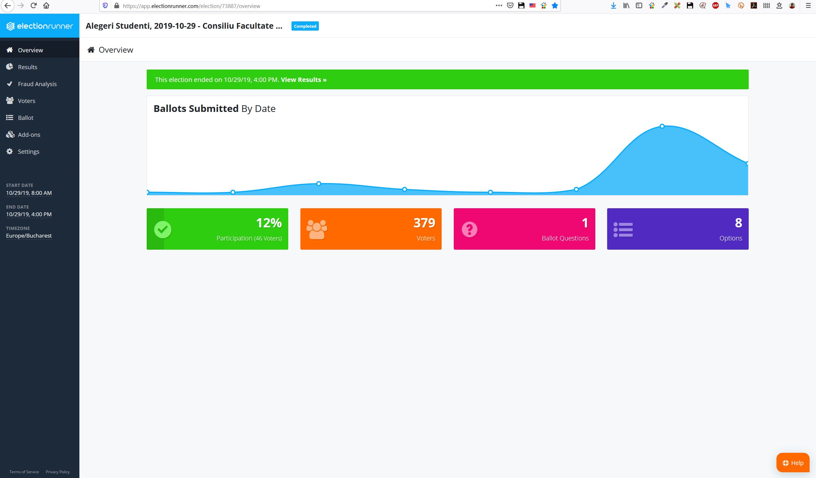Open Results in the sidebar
point(27,67)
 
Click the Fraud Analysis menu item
point(37,84)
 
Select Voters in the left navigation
point(26,101)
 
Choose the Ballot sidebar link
point(26,118)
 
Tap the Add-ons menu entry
point(29,134)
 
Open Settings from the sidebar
point(28,151)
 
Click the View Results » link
point(304,80)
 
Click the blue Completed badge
point(305,26)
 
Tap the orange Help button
point(793,463)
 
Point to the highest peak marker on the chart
point(662,126)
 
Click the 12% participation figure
point(269,223)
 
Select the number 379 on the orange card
point(424,223)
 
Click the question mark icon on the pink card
point(469,230)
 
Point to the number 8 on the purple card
point(738,223)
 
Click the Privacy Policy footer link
point(58,472)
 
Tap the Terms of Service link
point(24,472)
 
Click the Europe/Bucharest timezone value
point(29,236)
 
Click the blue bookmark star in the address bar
point(555,5)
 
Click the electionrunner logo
point(40,26)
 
